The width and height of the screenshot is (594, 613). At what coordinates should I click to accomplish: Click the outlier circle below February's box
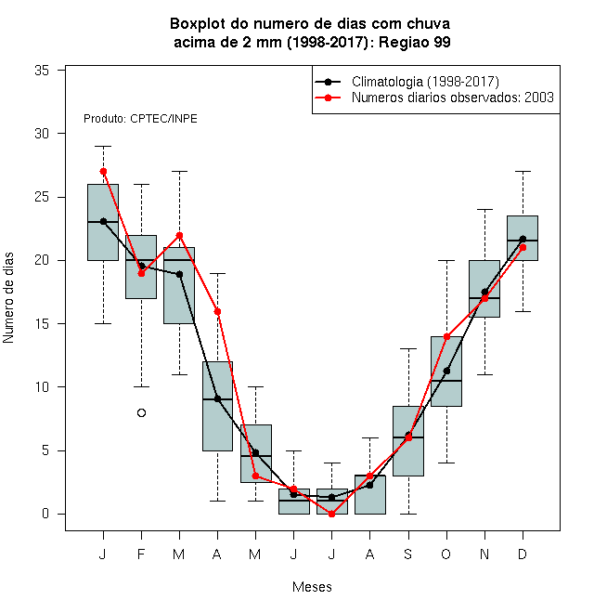[141, 412]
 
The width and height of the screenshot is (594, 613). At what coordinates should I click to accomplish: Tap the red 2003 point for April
[218, 311]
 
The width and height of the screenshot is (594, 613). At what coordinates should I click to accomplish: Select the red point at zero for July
[331, 515]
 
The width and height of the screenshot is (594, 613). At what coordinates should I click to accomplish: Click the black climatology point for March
[179, 274]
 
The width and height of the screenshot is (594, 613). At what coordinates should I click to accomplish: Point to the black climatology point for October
[446, 371]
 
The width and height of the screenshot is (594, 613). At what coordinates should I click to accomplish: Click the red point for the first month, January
[103, 171]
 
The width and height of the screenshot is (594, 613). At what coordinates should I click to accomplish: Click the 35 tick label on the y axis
[42, 71]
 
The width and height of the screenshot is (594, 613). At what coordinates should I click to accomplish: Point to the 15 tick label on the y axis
[42, 324]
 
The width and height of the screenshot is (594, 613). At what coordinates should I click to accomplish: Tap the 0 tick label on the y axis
[45, 514]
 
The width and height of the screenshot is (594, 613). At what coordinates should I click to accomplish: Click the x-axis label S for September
[408, 554]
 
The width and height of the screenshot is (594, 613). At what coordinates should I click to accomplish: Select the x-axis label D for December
[523, 554]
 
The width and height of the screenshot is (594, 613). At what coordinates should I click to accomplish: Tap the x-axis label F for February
[141, 554]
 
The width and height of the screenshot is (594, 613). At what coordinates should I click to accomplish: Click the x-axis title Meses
[312, 587]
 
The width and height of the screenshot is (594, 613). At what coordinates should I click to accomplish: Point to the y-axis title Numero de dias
[8, 298]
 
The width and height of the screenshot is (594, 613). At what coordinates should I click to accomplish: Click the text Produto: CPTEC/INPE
[140, 119]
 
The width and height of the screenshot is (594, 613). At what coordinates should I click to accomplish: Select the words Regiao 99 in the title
[415, 42]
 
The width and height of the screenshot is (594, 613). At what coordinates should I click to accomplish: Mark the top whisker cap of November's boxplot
[485, 210]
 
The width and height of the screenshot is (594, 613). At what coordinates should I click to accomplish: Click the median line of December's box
[523, 241]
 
